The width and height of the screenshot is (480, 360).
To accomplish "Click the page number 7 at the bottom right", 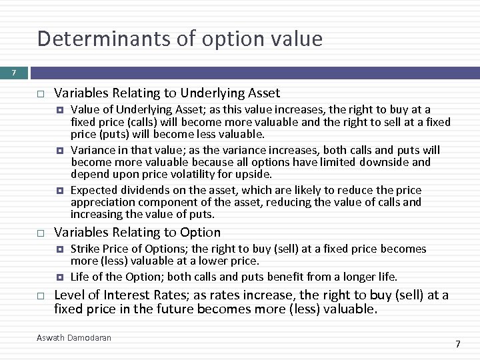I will (457, 344).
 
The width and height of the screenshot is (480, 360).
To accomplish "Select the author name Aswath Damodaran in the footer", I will (74, 338).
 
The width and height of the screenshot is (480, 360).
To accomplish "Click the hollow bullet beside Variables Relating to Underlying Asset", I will (40, 94).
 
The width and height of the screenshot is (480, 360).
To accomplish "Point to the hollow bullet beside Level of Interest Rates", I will (40, 296).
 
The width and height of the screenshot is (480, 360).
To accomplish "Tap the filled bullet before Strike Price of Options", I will (60, 249).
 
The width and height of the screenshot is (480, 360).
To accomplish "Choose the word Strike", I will (85, 249).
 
